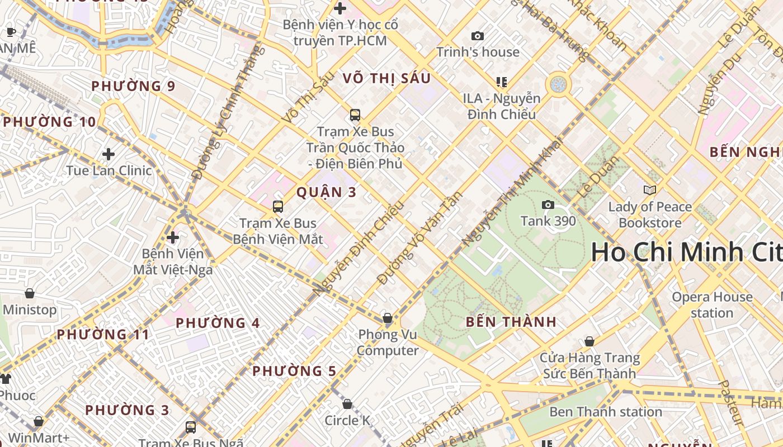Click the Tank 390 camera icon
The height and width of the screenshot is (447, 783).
coord(548,205)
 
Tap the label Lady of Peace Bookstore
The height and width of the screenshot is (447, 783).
coord(650,215)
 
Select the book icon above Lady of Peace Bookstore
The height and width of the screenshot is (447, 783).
coord(649,191)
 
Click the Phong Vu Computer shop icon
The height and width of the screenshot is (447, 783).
coord(387,318)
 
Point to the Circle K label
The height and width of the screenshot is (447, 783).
coord(347,420)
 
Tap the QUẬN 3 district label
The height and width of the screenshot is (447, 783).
coord(326,192)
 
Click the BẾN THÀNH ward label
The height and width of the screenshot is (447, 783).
coord(511,322)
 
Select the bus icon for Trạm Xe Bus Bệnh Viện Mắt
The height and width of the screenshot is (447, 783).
coord(278,207)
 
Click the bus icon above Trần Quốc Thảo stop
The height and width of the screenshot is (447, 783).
coord(355,115)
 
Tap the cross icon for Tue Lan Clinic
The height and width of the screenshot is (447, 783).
coord(109,154)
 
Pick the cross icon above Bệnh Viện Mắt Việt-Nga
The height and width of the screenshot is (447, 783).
coord(173,237)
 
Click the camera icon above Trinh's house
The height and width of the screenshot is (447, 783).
coord(477,36)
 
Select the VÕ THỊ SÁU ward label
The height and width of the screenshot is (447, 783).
coord(387,78)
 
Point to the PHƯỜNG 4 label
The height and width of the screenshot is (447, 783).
coord(218,323)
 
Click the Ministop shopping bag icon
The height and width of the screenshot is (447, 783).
coord(30,293)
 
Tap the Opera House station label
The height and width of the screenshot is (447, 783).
coord(712,305)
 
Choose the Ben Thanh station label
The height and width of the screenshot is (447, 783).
coord(606,412)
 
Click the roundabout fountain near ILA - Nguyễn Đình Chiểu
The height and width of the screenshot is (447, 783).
coord(558,84)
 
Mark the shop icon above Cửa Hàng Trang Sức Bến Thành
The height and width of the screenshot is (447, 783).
coord(589,341)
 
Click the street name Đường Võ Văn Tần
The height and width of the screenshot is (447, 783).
coord(420,237)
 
